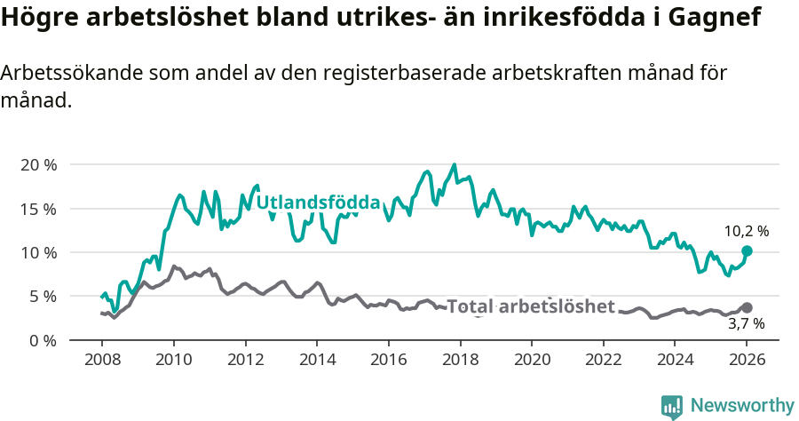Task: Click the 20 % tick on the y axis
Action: coord(37,165)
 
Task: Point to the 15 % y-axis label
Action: coord(37,209)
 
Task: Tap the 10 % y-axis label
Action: coord(37,252)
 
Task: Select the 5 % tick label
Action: coord(42,296)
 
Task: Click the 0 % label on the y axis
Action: coord(42,340)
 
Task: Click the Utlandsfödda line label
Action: coord(318,203)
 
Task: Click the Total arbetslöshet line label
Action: coord(530,306)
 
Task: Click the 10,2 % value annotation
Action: coord(747,231)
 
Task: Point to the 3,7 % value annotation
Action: coord(747,324)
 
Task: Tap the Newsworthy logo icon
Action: coord(672,406)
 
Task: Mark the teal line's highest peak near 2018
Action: coord(455,164)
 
